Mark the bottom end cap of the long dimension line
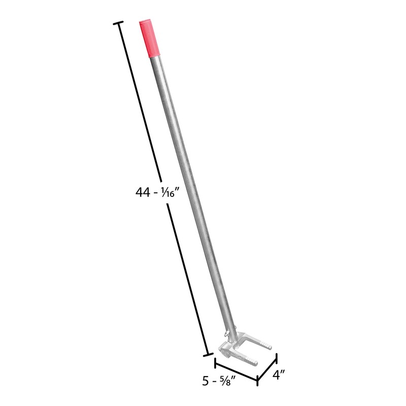pos(207,354)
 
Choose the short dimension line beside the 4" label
pos(267,369)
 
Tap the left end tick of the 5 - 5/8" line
pos(215,361)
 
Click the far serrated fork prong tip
pos(269,348)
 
